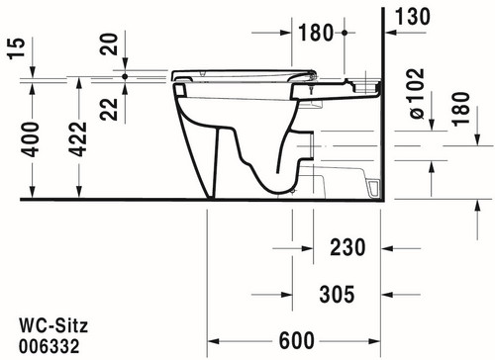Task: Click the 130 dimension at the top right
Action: pos(413,17)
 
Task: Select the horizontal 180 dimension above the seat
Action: pos(316,33)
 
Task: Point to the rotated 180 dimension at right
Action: pos(461,109)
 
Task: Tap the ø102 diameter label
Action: pos(417,94)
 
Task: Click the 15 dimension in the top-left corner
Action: pos(17,48)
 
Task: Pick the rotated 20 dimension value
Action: pos(109,44)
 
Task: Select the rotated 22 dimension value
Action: pos(109,109)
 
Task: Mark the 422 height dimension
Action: pos(78,139)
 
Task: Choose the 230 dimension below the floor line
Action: pos(347,247)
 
